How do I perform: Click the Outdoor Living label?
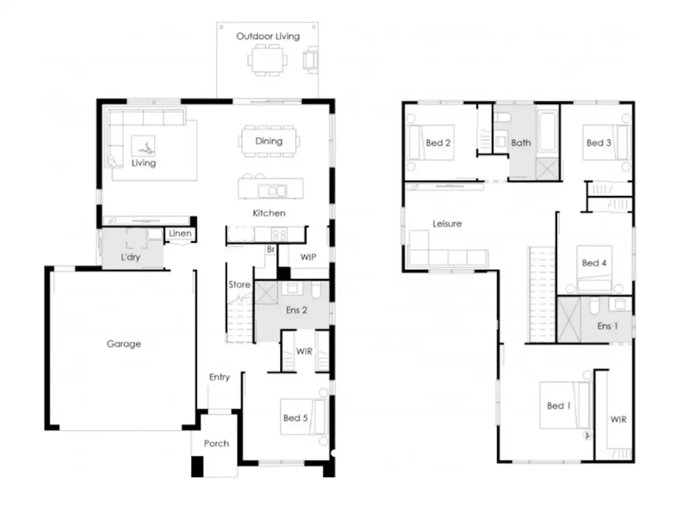(268, 36)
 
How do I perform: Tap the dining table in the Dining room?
(269, 142)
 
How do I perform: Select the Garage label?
(124, 344)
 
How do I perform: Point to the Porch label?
(216, 443)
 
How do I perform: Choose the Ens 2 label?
(297, 310)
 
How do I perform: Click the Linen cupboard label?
(180, 234)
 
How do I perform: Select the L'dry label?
(131, 259)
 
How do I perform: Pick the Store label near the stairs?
(239, 284)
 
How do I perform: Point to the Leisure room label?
(447, 224)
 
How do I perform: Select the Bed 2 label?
(438, 143)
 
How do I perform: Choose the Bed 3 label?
(599, 143)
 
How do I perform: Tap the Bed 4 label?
(594, 263)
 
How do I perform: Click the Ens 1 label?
(604, 326)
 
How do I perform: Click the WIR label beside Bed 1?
(618, 419)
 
